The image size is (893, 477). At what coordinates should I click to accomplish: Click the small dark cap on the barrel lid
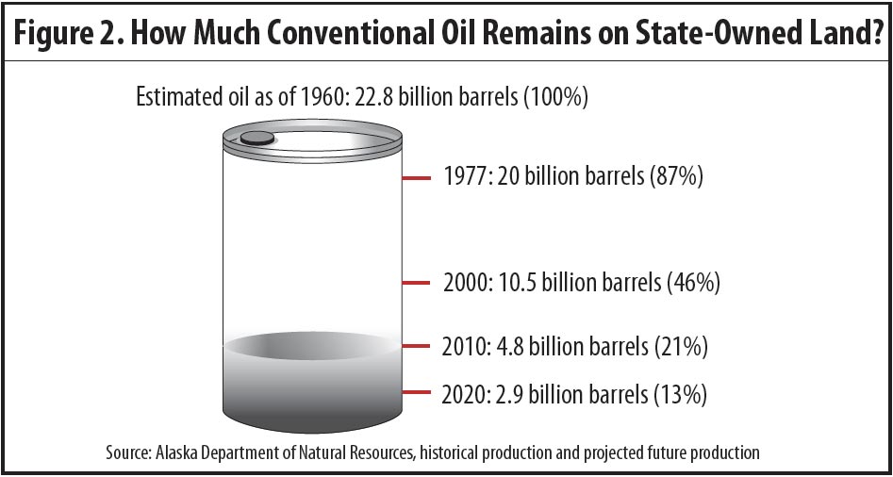tap(256, 138)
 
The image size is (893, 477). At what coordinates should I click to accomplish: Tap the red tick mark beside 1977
tap(416, 178)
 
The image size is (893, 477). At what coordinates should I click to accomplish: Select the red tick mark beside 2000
tap(416, 282)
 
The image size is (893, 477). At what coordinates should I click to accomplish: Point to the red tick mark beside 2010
tap(416, 346)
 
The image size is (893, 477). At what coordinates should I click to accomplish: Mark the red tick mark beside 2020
tap(416, 391)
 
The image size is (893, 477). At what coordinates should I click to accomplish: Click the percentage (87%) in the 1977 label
tap(675, 177)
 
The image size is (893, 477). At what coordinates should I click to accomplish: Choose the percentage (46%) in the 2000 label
tap(691, 282)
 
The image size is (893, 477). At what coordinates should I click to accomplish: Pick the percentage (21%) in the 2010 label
tap(680, 347)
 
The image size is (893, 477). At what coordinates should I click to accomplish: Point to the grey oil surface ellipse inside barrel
tap(311, 346)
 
